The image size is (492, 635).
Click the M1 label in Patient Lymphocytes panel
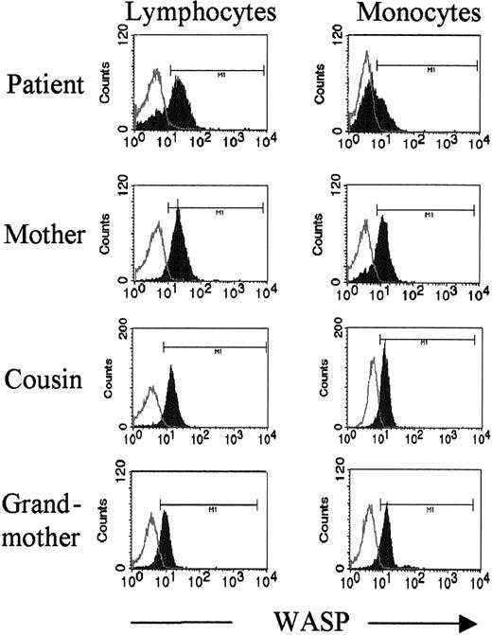point(216,70)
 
